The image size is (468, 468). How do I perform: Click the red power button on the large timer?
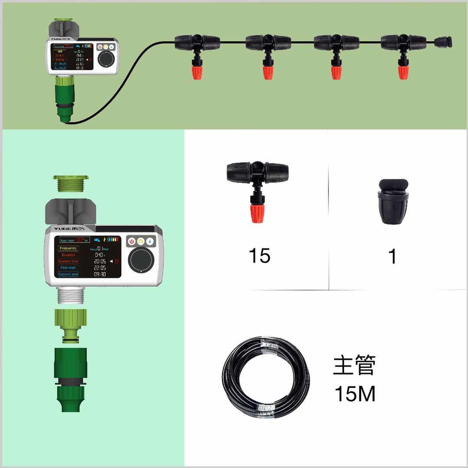click(132, 241)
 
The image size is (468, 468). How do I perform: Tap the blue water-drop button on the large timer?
click(149, 241)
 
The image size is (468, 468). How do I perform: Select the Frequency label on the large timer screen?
click(68, 248)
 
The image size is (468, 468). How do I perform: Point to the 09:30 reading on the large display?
click(100, 274)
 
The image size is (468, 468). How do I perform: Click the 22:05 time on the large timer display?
click(100, 268)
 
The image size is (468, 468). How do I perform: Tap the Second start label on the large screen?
click(68, 274)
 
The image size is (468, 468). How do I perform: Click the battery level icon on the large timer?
click(113, 239)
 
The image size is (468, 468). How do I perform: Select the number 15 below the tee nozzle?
click(259, 256)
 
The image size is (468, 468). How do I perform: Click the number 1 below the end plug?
click(392, 257)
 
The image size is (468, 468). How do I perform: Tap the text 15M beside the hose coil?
click(354, 394)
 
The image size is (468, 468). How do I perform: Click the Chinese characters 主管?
click(354, 365)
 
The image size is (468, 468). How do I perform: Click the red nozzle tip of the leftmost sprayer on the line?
click(197, 71)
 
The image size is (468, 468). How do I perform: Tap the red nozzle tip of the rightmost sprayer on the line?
click(403, 71)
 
